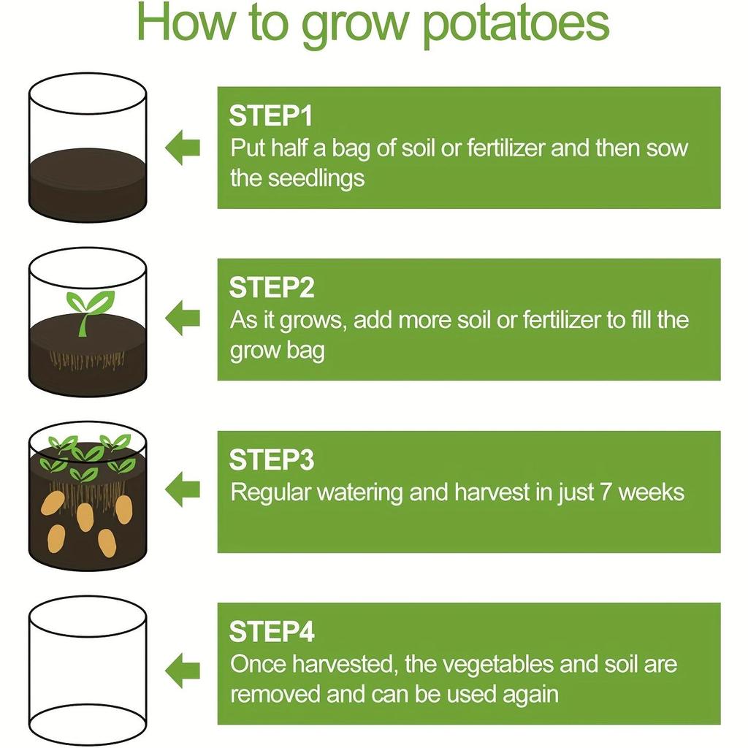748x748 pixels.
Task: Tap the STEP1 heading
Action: pos(271,117)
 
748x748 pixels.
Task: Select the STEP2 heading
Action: pos(272,289)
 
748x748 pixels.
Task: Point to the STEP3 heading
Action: pos(272,460)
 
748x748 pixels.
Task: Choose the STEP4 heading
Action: pos(272,632)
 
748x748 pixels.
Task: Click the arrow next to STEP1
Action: pos(183,148)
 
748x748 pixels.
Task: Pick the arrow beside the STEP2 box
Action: pos(183,318)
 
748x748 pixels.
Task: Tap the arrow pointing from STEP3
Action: pos(183,490)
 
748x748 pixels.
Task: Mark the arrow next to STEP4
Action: pos(183,669)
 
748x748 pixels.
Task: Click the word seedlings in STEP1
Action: pos(316,178)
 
